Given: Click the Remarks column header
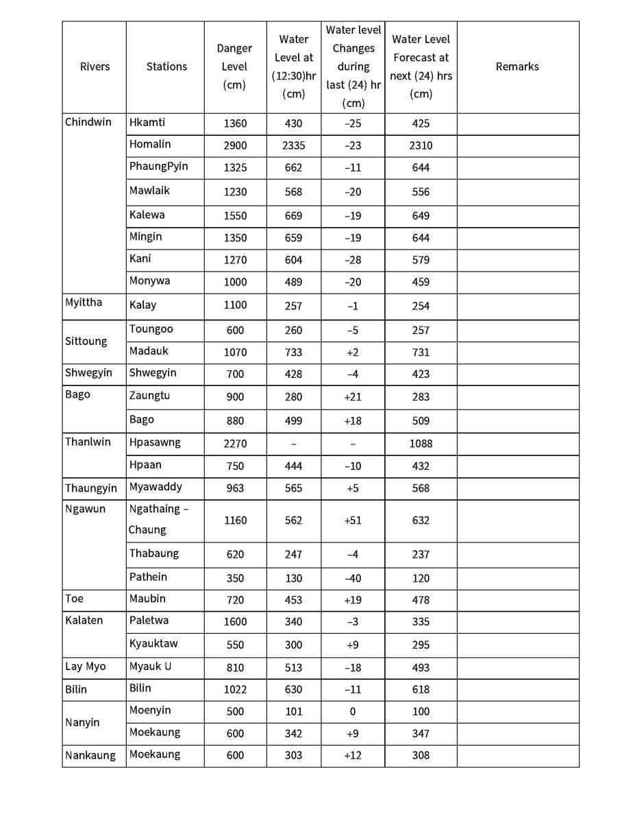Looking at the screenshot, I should pos(517,67).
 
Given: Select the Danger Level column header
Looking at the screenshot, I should pos(234,67).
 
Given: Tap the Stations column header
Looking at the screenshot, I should pos(166,67).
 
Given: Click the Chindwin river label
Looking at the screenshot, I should pos(88,122).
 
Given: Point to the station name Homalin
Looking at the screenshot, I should pos(150,144).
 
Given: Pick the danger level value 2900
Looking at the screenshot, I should pos(235,145).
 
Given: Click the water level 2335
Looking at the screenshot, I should pos(293,145).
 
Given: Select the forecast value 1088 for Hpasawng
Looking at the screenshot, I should pos(421,444).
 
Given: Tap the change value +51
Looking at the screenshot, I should pos(352,521).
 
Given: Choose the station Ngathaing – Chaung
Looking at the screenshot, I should pos(158,519).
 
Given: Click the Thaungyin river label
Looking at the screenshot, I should pos(91,488).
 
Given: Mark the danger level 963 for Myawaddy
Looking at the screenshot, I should pos(235,488).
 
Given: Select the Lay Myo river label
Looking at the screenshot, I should pos(86,667).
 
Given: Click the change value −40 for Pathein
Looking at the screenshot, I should pos(352,578).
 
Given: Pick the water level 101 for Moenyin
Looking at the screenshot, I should pos(293,711).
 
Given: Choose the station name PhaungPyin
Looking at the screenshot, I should pos(158,166).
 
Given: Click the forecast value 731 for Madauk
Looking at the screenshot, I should pos(421,353).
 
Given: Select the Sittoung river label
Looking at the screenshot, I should pos(86,341).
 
